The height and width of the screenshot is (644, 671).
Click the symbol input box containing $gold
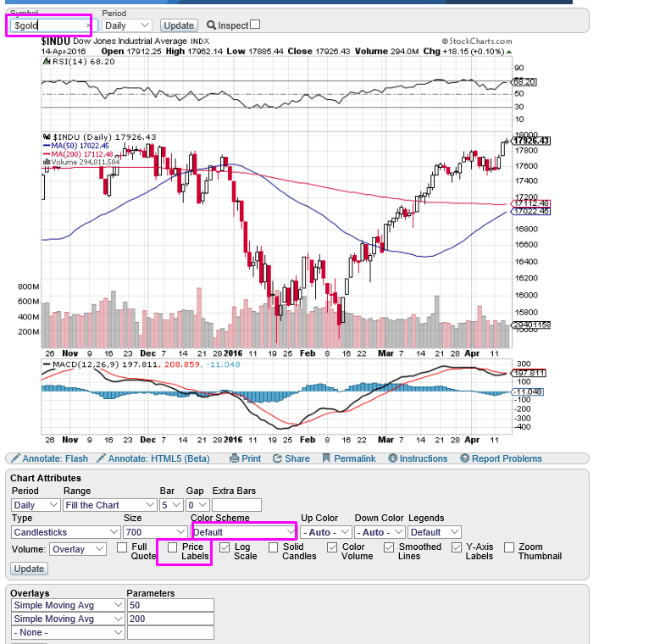(48, 25)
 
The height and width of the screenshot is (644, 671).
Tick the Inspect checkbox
(255, 25)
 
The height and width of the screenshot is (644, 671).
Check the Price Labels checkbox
(173, 548)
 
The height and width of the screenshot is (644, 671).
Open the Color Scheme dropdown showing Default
(244, 532)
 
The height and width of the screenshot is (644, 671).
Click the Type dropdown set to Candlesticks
(66, 532)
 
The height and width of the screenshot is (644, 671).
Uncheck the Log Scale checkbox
(225, 548)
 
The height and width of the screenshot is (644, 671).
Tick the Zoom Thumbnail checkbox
(508, 548)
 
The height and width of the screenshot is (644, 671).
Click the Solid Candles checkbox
(273, 548)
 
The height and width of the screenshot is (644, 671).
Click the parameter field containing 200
(169, 619)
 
